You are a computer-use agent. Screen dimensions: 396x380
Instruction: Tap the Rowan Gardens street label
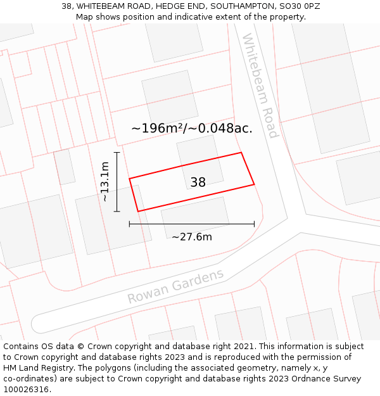point(175,286)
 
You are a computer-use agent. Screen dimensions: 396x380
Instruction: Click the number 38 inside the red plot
point(198,182)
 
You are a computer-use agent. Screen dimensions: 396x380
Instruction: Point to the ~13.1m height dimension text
point(105,181)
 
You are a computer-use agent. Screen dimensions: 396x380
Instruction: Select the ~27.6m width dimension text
point(191,237)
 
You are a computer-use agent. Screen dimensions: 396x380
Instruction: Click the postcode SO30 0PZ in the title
point(298,6)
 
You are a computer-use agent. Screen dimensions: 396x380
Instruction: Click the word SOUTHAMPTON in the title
point(238,6)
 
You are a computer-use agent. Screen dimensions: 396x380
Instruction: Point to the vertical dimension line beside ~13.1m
point(117,182)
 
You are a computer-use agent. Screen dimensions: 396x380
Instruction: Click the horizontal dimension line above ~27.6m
point(191,224)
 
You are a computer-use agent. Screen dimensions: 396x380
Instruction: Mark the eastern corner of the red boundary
point(254,184)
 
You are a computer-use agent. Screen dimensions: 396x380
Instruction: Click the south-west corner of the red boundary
point(138,211)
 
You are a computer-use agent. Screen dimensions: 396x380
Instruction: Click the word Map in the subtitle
point(85,17)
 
